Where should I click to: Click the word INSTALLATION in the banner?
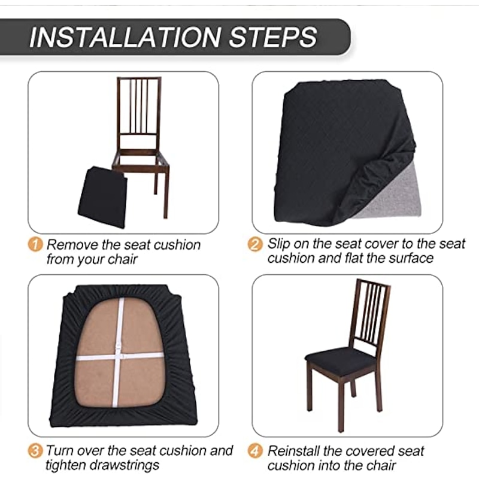(125, 37)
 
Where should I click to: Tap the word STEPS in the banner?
(273, 37)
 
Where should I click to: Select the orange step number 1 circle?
(35, 244)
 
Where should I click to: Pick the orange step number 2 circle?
(255, 244)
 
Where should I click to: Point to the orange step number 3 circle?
(35, 451)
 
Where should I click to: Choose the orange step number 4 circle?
(255, 451)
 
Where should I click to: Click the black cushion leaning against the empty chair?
(102, 197)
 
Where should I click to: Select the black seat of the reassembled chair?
(341, 360)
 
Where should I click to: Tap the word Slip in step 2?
(278, 244)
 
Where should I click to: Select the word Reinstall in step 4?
(294, 451)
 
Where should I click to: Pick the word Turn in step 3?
(60, 451)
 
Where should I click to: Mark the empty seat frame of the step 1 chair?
(140, 160)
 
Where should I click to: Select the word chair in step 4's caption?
(381, 466)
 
